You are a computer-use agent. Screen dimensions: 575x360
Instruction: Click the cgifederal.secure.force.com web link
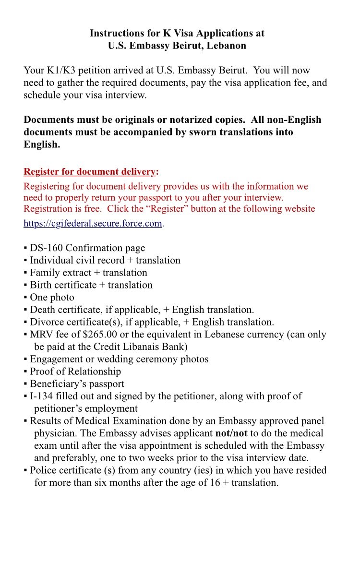[93, 224]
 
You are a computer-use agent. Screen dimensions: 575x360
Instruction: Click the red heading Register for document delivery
[90, 172]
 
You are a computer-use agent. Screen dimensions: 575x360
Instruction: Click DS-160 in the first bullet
[47, 248]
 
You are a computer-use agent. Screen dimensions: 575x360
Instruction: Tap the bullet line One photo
[52, 298]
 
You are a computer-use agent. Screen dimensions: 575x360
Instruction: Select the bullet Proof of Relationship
[75, 371]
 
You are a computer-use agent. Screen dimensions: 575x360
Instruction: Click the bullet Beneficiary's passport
[77, 384]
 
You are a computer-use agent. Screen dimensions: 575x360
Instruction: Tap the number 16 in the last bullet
[215, 483]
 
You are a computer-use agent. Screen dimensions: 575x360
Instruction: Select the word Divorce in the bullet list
[47, 322]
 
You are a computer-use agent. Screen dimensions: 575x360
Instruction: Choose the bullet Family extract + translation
[88, 273]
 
